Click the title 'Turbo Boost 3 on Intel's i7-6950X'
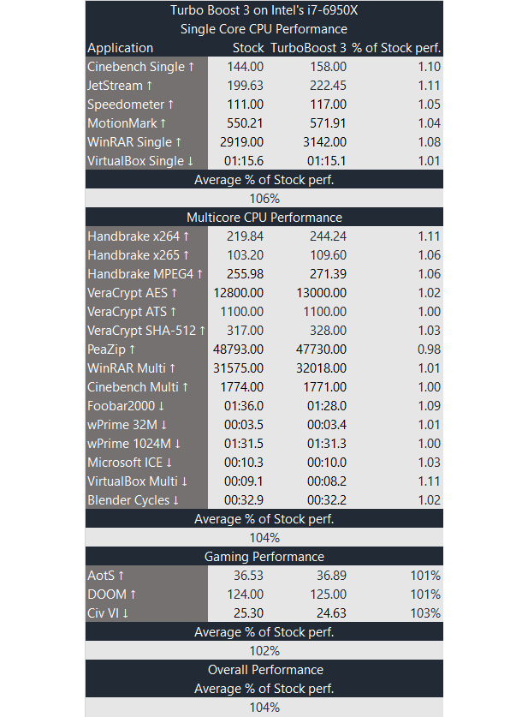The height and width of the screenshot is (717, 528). pos(264,10)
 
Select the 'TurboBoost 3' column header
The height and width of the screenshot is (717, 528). pos(308,48)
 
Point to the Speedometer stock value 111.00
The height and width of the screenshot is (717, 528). pos(245,105)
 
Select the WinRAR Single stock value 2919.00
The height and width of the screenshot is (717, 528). pos(241,142)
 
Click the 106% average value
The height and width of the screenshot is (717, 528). pos(264,199)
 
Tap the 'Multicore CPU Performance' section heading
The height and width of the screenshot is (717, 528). pos(264,218)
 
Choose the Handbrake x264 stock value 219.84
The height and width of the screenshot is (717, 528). pos(245,236)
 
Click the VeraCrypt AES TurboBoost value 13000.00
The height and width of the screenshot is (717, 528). pos(321,293)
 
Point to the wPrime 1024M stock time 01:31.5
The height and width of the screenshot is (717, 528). pos(244,444)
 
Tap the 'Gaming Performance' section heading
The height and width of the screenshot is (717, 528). pos(264,557)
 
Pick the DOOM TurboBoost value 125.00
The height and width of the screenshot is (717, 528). pos(327,595)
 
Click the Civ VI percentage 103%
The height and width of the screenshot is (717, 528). pos(425,613)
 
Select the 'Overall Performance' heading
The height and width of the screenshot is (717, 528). pos(264,670)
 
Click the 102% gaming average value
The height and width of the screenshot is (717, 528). pos(264,651)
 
